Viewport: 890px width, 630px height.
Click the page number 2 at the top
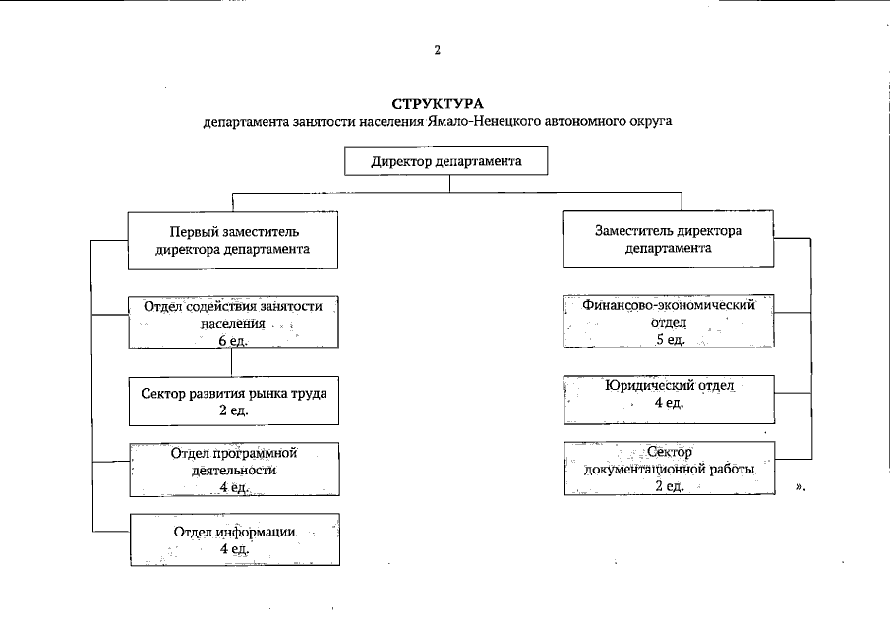click(437, 49)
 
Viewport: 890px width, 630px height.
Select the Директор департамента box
click(445, 161)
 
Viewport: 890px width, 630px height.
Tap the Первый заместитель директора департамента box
click(233, 240)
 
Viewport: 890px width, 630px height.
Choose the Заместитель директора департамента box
click(668, 239)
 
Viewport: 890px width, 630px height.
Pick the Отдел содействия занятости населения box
click(233, 322)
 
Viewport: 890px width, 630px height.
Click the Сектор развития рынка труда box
click(233, 401)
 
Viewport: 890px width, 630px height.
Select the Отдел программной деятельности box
click(233, 470)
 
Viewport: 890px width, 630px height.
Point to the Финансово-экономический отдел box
click(668, 322)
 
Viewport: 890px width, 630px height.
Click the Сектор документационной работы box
click(668, 469)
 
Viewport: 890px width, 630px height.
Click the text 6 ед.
click(233, 341)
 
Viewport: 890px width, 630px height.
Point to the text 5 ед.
click(669, 340)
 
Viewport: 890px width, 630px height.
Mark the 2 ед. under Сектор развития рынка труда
click(233, 410)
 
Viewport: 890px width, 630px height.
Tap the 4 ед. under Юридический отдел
click(669, 403)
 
